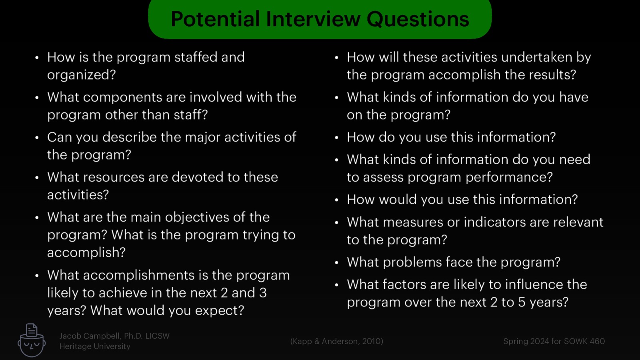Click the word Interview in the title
point(313,19)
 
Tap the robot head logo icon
point(32,341)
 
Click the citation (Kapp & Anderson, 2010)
point(336,341)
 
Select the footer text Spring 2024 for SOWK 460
point(554,341)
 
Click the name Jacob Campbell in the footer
point(90,336)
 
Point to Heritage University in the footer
point(95,346)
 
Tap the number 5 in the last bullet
point(522,302)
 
